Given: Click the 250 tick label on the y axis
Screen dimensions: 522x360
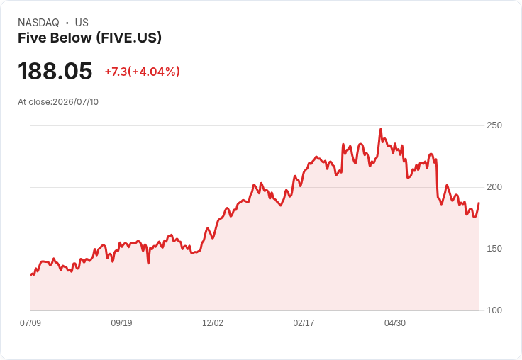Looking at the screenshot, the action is (494, 125).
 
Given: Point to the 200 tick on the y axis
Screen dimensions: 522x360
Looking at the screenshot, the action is (494, 187).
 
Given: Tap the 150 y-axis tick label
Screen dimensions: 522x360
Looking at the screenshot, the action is (494, 249).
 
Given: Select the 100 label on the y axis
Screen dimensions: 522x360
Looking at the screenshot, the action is (494, 310).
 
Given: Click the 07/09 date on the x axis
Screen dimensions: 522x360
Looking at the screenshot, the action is (30, 322).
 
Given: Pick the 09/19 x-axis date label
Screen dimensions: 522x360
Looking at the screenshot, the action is (121, 322).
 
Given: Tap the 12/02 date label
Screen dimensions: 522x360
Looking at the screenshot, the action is (213, 322).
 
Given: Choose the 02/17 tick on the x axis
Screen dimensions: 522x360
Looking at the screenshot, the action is (304, 322).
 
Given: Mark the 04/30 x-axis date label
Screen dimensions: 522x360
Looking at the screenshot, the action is (395, 322).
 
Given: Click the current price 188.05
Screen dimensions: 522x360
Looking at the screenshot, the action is (55, 71).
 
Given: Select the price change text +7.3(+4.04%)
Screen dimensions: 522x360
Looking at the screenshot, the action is (142, 72).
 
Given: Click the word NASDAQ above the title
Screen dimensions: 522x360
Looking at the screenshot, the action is (38, 23).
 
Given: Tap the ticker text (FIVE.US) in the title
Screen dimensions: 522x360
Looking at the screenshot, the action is (129, 38).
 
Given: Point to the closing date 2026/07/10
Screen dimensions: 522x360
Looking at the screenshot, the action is (76, 102).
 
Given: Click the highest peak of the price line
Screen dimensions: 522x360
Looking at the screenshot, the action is (381, 129).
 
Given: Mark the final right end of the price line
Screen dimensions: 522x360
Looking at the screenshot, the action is (479, 203).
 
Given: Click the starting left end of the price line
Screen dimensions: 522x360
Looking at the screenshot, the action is (30, 275).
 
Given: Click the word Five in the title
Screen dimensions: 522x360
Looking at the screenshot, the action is (30, 38).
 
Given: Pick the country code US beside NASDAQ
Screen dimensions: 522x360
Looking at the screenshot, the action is (82, 23).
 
